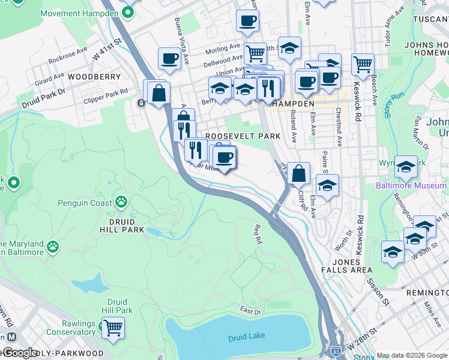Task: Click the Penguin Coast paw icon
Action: (x=121, y=202)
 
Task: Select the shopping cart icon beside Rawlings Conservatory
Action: (x=112, y=328)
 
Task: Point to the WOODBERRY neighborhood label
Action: (x=94, y=77)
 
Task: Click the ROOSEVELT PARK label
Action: (x=243, y=136)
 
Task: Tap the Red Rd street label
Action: (x=258, y=234)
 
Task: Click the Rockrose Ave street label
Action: (x=68, y=53)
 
